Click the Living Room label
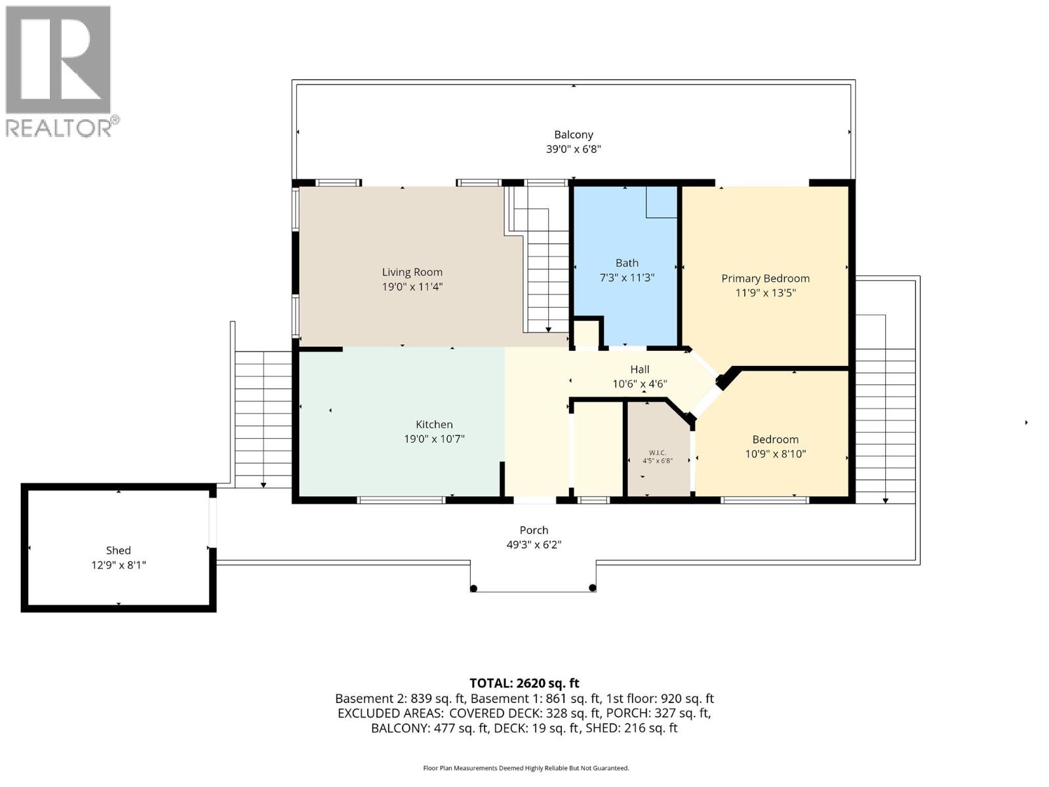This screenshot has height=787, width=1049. point(412,272)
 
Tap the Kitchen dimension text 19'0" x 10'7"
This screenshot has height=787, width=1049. point(434,439)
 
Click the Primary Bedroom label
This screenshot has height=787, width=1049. point(765,278)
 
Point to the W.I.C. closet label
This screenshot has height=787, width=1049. point(658,453)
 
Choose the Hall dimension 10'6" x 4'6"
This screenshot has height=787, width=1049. point(639,384)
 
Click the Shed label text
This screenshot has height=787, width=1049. point(119,550)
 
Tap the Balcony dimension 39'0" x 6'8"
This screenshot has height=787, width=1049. point(573,149)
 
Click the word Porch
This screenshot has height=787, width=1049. point(534,530)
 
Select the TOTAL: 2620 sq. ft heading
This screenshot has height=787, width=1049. point(524,683)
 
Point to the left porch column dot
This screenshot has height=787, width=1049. point(474,588)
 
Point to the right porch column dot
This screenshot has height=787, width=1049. point(592,588)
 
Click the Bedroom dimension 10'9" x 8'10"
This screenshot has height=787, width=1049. point(775,454)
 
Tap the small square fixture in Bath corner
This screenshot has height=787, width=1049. point(661,202)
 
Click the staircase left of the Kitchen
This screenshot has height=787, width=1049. point(263,420)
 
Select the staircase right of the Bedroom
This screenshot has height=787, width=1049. point(885,407)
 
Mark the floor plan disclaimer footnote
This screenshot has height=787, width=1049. point(526,768)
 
